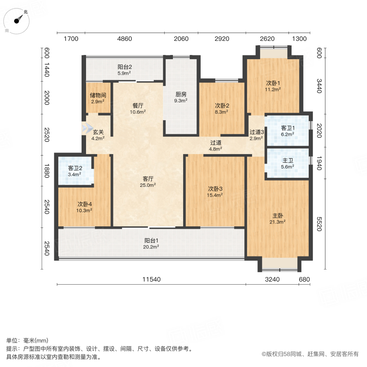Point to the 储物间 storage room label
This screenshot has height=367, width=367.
pos(98,98)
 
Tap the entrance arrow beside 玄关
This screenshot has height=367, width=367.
pos(87,128)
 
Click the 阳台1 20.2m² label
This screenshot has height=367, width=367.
pos(151,243)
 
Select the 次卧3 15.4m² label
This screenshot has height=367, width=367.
pos(215,192)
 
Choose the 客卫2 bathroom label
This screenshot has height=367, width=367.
pos(75,171)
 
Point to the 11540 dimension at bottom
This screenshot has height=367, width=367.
pos(151,279)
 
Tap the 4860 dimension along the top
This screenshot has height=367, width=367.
pos(125,39)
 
